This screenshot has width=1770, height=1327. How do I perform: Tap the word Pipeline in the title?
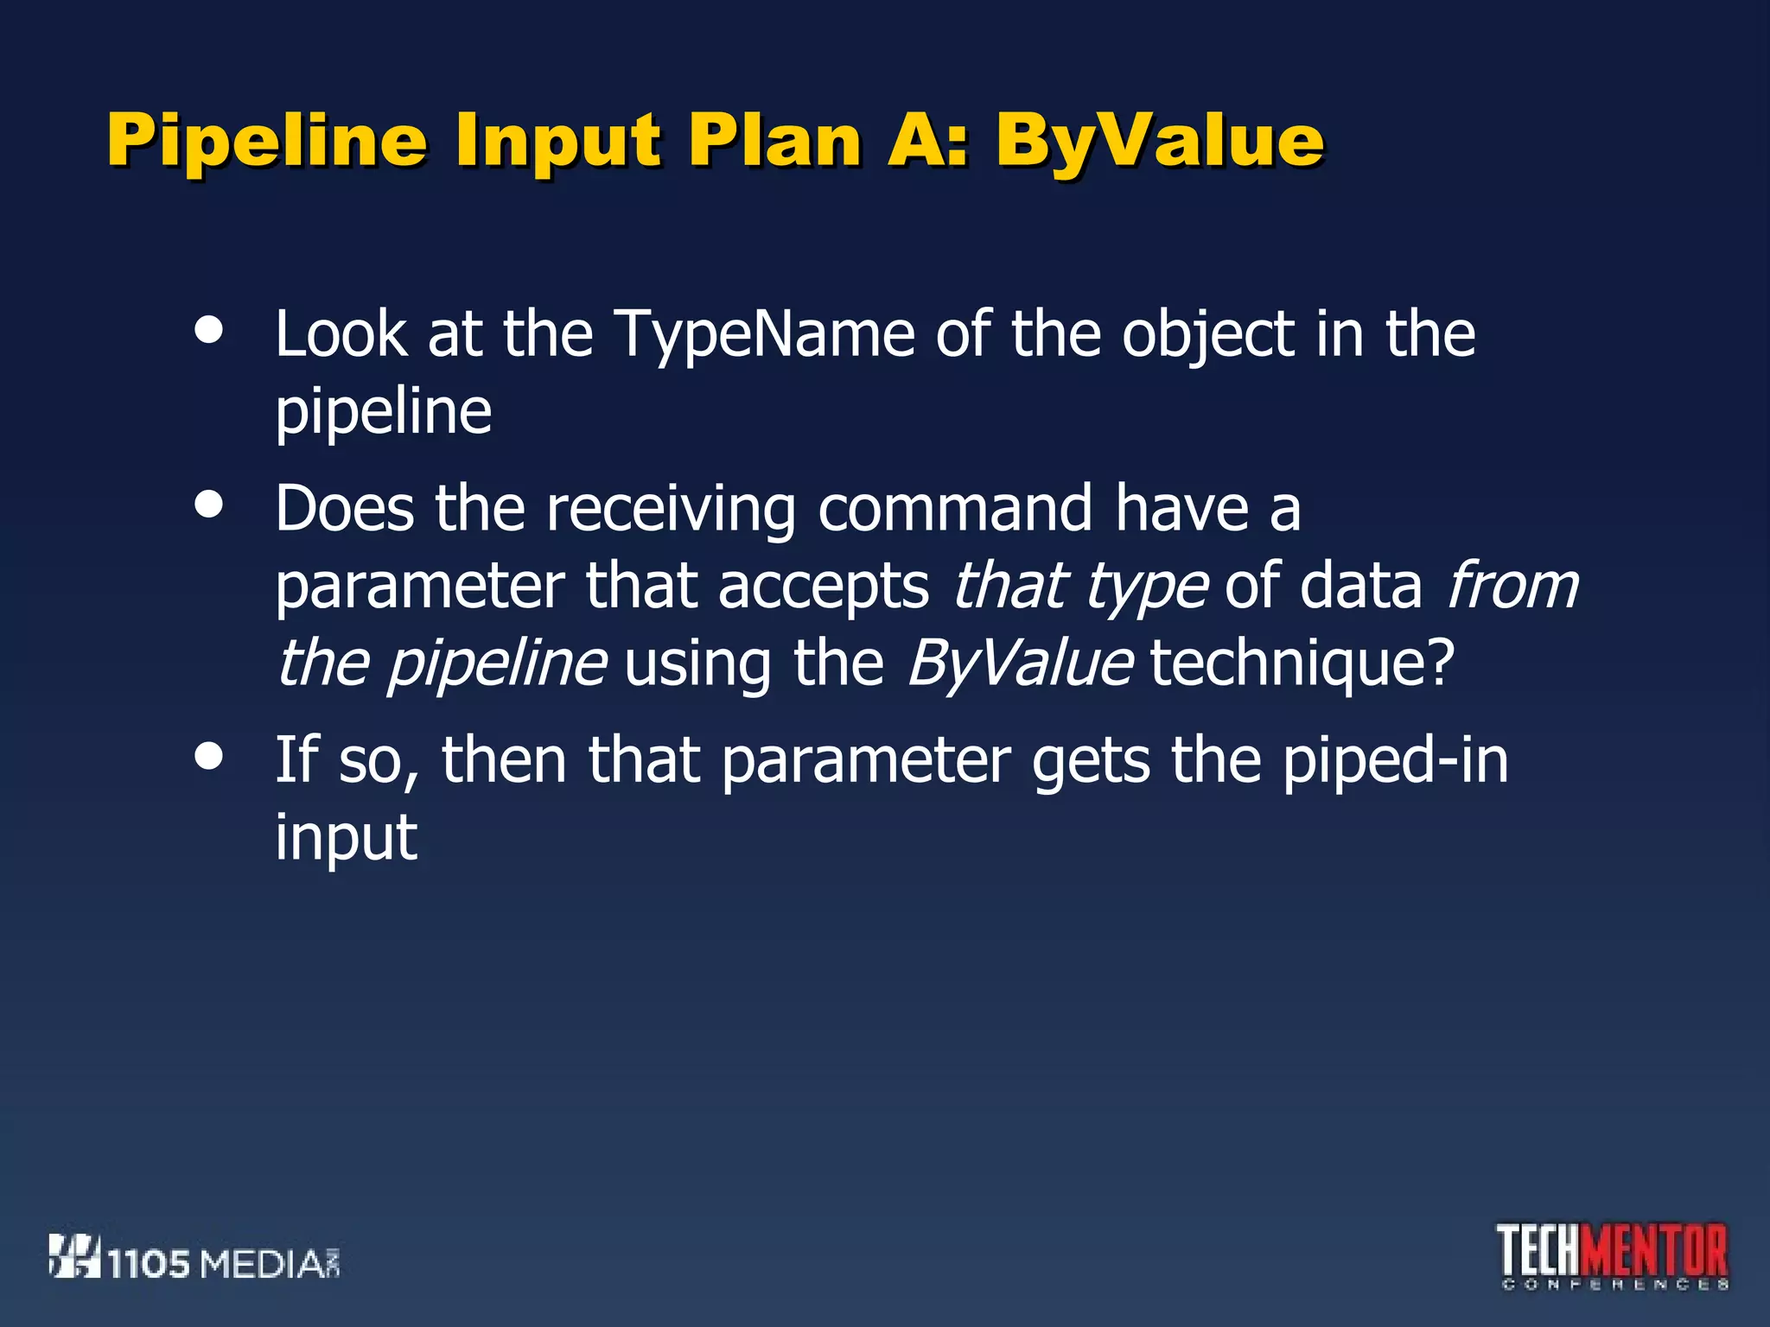(267, 141)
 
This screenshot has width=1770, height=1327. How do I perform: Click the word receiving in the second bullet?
(671, 510)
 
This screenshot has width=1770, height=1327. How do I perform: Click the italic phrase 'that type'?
(1079, 587)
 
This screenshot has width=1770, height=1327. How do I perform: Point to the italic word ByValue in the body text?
(1019, 665)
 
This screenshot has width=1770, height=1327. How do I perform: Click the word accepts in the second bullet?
(823, 587)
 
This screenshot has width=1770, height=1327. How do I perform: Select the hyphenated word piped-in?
(1395, 762)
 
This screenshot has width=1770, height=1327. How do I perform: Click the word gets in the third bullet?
(1091, 762)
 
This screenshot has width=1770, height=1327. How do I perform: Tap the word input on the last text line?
(346, 838)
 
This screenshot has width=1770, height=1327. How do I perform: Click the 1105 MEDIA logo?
(194, 1258)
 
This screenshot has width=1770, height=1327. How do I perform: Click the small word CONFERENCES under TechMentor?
(1615, 1286)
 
